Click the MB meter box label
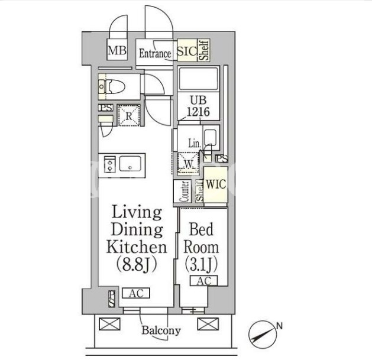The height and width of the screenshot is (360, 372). [x=117, y=50]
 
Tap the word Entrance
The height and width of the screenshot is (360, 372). [x=155, y=53]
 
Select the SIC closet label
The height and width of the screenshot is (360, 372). [x=187, y=51]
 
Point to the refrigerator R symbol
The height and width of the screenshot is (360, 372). [x=129, y=115]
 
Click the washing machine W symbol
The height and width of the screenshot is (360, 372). [x=189, y=163]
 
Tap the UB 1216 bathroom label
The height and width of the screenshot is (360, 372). [x=198, y=106]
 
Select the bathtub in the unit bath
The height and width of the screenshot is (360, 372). [x=198, y=79]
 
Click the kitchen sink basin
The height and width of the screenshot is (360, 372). [x=130, y=164]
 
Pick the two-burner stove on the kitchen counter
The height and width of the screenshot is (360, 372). [x=110, y=164]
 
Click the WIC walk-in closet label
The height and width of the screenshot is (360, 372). [x=216, y=184]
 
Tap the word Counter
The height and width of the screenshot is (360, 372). [x=185, y=192]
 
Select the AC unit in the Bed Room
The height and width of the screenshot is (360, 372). [x=204, y=281]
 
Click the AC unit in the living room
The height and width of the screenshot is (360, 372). [x=136, y=293]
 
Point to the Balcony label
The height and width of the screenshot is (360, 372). [x=161, y=330]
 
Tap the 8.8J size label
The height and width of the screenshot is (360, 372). [x=137, y=264]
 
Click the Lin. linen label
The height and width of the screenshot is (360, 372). [x=195, y=144]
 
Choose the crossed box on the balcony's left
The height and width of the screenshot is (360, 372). [x=109, y=324]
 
